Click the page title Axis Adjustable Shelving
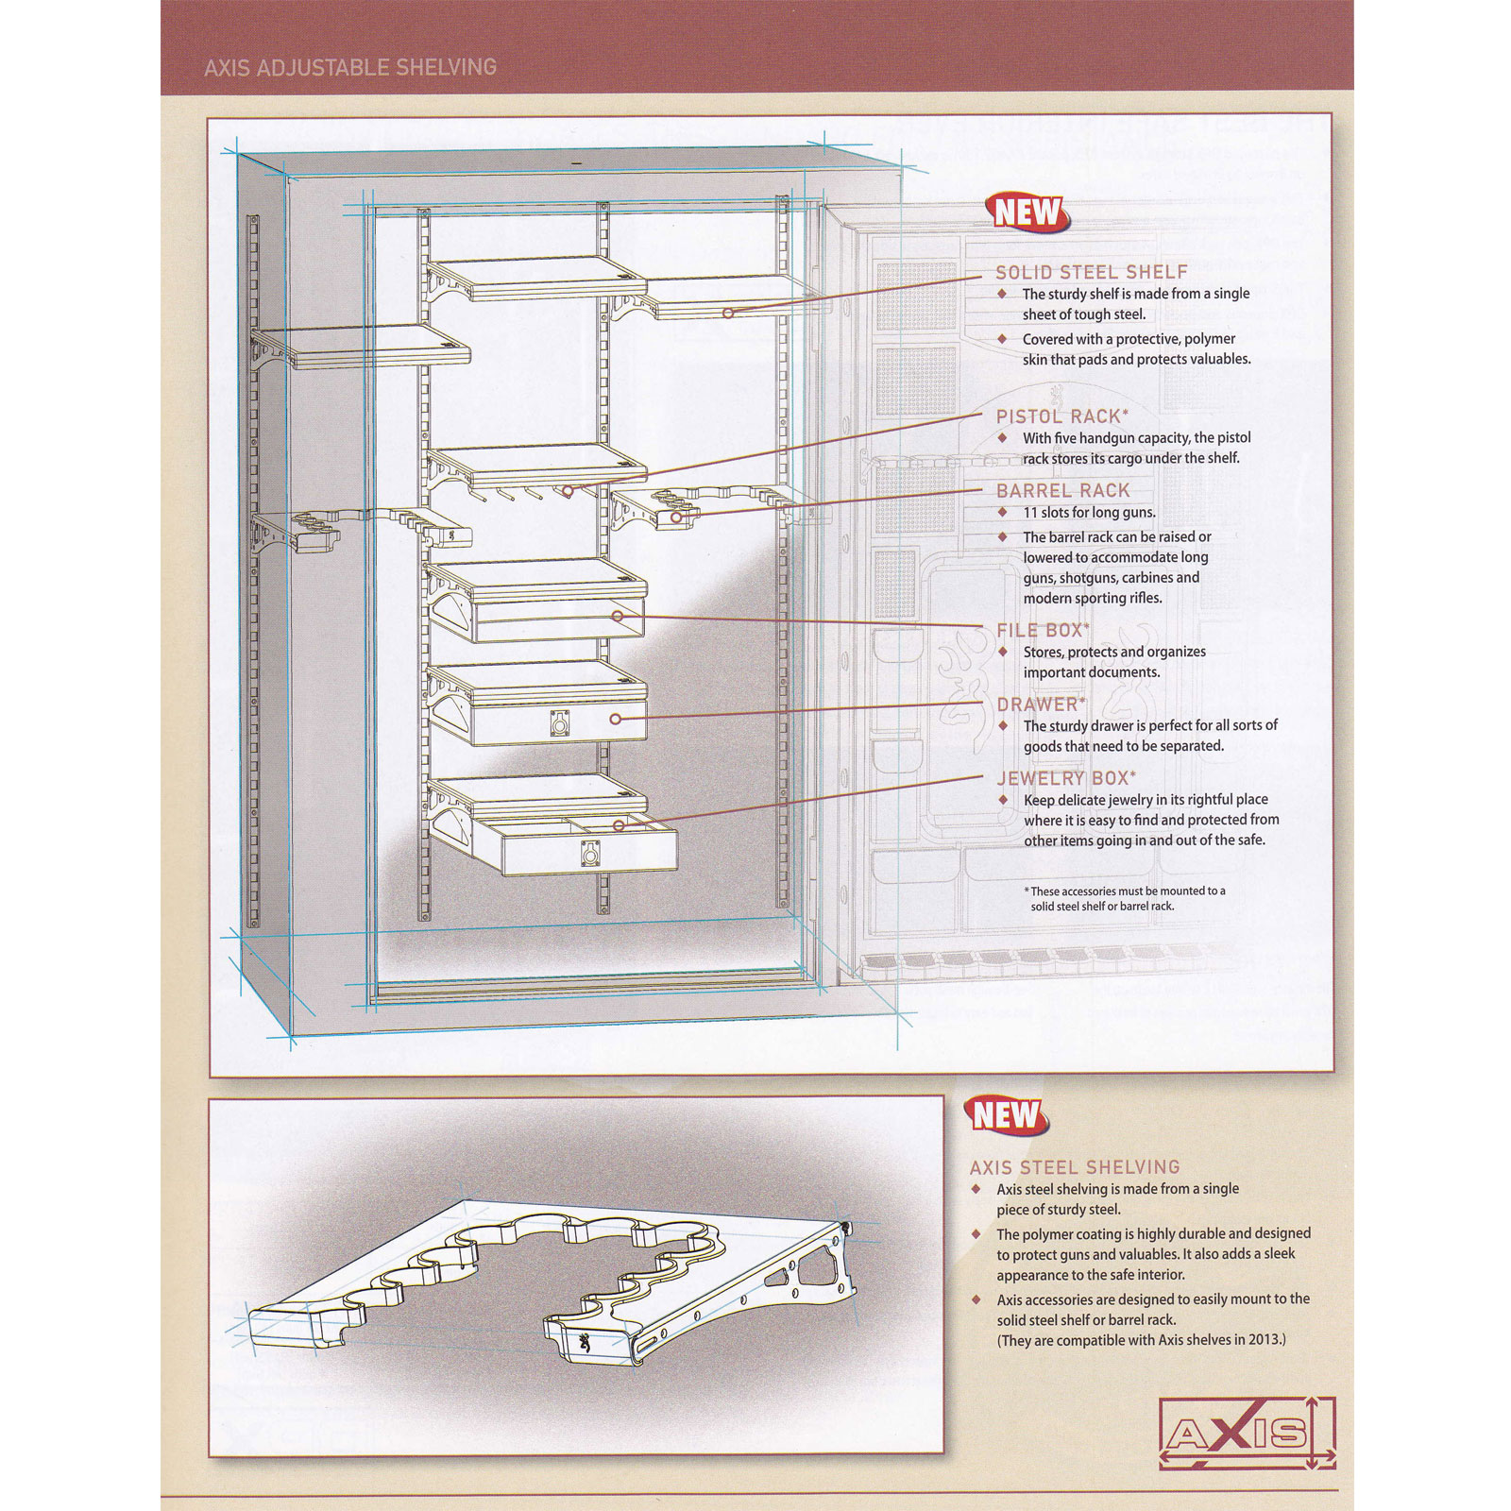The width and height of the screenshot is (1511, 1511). (350, 67)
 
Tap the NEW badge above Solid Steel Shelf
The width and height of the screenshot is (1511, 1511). (1028, 212)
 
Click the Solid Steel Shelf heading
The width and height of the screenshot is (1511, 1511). (1091, 272)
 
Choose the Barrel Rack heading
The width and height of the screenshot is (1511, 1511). (1062, 491)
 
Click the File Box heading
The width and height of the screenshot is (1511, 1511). (1043, 630)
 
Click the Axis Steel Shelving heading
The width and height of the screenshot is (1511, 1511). (1075, 1167)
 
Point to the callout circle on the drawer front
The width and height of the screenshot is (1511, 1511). (615, 719)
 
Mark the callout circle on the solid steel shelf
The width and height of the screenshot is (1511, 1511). (728, 313)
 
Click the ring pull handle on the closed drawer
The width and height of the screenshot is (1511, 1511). (561, 725)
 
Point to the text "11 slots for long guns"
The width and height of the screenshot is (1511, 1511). (1089, 513)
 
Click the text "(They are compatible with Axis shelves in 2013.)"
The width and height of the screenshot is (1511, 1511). (1141, 1340)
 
